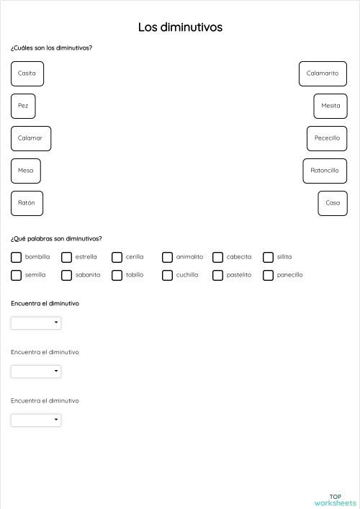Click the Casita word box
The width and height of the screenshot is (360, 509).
pos(27,73)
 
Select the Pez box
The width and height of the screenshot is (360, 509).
pos(23,106)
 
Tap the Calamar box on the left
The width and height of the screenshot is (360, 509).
pos(31,138)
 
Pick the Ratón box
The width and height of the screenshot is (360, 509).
pos(27,203)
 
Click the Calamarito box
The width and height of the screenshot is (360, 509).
pos(322,73)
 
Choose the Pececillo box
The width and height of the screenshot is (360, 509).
pos(327,138)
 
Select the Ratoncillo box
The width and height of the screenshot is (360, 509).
pos(325,171)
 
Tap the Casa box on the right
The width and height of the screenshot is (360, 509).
pos(333,203)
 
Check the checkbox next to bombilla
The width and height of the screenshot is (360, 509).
pos(16,257)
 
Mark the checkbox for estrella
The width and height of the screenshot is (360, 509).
pos(66,257)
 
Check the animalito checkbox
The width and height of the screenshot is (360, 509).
pos(167,257)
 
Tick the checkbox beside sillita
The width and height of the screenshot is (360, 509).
pos(268,257)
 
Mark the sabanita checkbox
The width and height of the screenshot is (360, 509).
pos(66,275)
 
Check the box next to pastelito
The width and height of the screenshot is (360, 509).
pos(217,275)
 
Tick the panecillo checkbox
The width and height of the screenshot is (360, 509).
pos(268,275)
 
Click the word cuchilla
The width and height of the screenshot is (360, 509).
pos(187,275)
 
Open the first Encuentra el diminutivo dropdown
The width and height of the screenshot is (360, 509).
pos(36,323)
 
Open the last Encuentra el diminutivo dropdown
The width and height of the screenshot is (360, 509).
pos(36,420)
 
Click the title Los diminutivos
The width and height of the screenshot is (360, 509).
pos(180,27)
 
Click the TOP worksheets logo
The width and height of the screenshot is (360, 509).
pos(335,500)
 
